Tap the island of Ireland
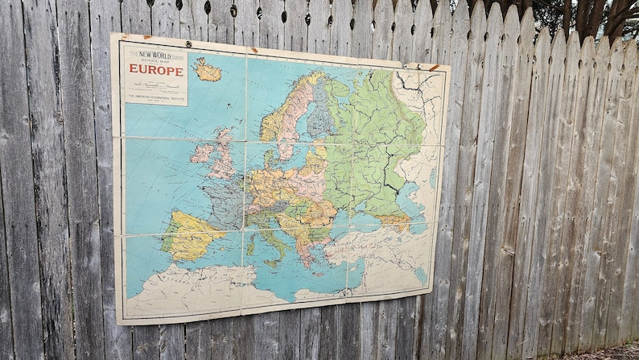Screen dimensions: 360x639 pyautogui.click(x=202, y=152)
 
